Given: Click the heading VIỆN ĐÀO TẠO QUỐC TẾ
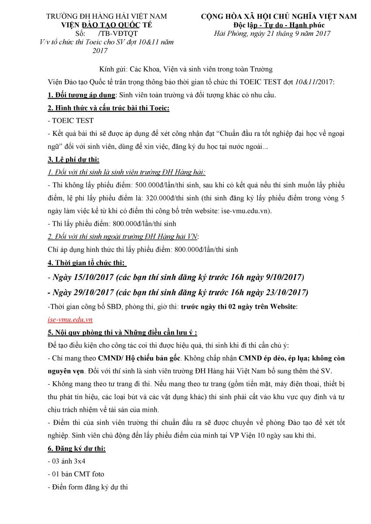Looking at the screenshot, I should coord(106,25).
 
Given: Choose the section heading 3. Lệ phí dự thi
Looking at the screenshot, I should coord(72,160).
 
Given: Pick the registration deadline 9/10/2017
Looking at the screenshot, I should coord(282,277).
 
